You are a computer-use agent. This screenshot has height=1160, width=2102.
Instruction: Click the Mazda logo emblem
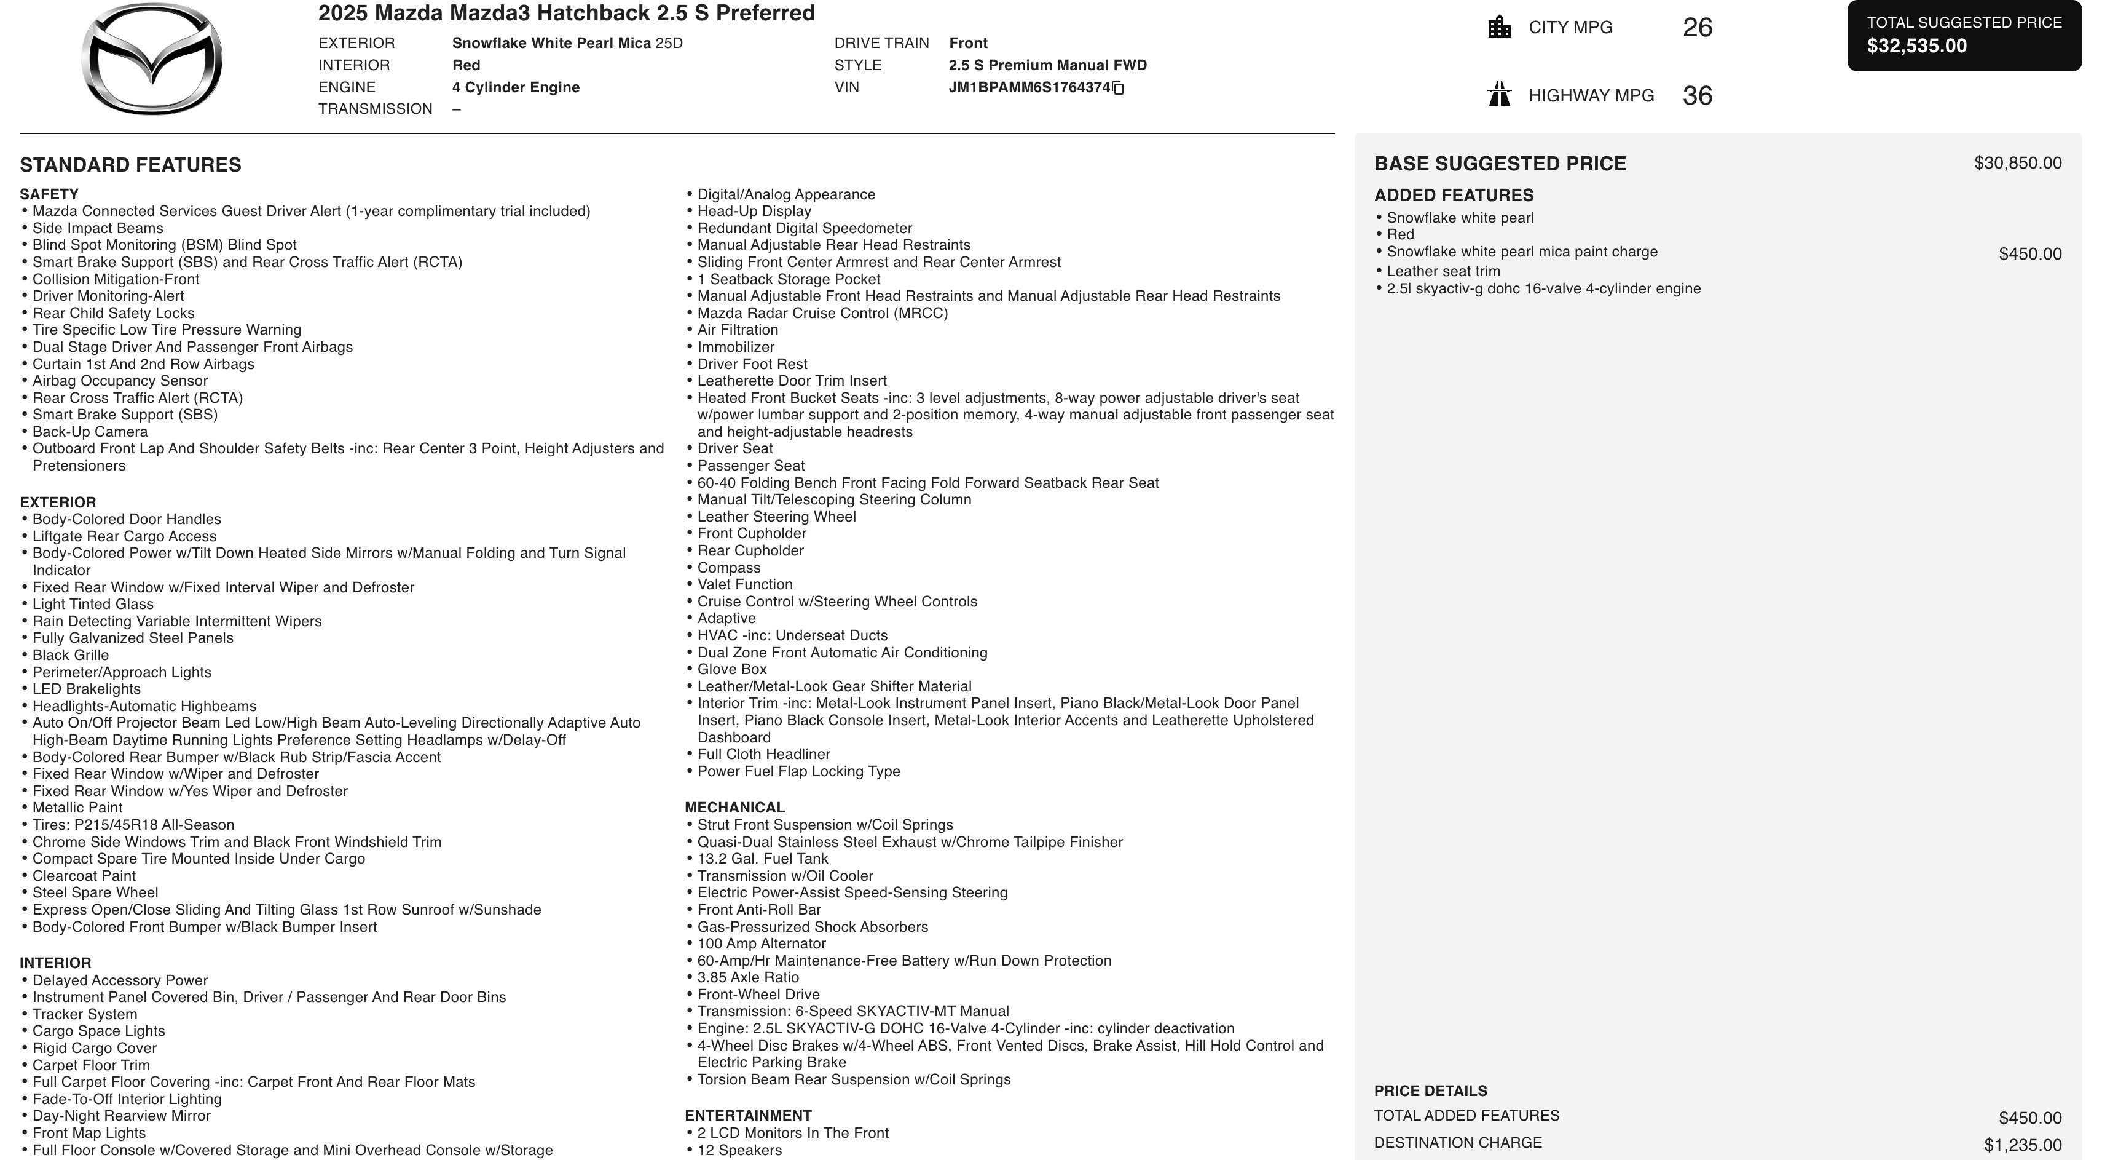point(152,59)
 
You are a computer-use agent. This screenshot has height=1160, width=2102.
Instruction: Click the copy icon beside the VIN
point(1118,88)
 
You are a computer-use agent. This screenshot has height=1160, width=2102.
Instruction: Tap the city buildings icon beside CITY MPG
point(1499,27)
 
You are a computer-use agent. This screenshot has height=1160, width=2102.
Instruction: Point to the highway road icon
point(1499,95)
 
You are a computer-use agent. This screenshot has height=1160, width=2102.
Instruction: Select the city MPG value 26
point(1697,28)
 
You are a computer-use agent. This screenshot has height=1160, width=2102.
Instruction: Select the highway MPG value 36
point(1697,95)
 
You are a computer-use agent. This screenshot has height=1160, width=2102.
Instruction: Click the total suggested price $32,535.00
point(1917,46)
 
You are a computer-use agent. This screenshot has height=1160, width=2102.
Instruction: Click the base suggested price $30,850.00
point(2017,163)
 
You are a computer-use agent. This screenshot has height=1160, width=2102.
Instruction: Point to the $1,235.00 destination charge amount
point(2022,1145)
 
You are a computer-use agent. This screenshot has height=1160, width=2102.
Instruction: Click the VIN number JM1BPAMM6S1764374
point(1029,87)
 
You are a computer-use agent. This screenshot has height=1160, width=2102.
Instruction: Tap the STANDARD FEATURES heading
point(130,165)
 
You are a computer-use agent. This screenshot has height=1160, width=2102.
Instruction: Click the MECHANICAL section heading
point(734,808)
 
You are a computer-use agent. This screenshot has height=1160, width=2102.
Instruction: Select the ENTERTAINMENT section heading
point(747,1115)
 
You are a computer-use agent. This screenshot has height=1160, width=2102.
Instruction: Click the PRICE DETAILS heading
point(1430,1090)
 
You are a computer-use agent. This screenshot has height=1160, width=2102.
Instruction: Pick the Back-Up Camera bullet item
point(90,432)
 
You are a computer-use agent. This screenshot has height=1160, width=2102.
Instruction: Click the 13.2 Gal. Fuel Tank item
point(762,859)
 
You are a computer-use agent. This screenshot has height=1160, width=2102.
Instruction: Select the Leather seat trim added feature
point(1443,271)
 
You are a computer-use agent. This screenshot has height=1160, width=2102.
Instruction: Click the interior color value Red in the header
point(466,65)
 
